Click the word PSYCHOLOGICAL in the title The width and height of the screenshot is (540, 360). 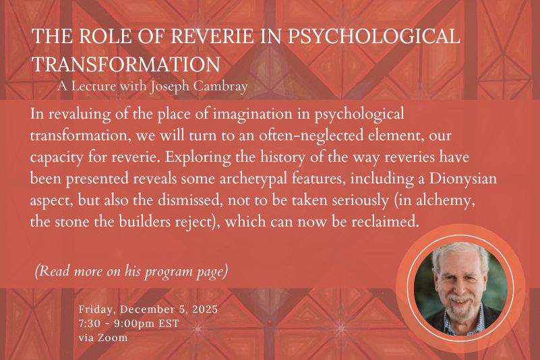pos(373,37)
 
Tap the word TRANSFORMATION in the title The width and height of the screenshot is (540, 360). pos(126,65)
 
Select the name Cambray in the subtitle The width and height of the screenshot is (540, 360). pos(220,86)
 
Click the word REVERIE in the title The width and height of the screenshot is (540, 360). pos(212,36)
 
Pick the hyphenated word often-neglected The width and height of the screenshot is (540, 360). pos(311,136)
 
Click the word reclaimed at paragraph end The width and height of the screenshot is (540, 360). pos(385,222)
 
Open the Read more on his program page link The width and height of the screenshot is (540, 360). pos(131,272)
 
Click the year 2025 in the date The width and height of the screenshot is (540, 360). pos(205,309)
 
